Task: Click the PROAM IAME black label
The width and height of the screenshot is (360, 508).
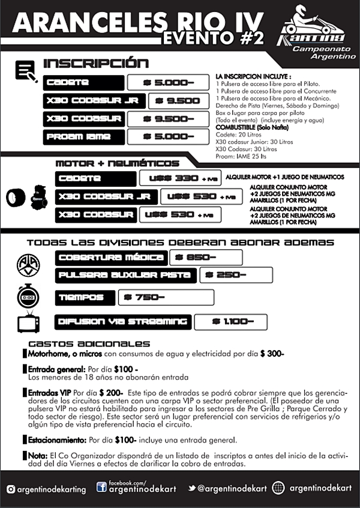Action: coord(83,136)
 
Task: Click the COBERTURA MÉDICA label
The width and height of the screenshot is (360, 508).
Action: coord(111,258)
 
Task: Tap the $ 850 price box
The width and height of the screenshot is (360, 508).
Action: coord(205,258)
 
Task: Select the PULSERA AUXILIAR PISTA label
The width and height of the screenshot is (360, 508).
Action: coord(126,275)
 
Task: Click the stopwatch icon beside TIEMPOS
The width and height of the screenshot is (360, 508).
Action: coord(28,297)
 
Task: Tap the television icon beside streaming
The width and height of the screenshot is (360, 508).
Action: coord(28,322)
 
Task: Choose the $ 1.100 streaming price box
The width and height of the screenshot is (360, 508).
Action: coord(232,322)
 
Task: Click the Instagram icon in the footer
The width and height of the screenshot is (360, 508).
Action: coord(11,489)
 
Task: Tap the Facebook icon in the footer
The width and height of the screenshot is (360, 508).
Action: coord(101,487)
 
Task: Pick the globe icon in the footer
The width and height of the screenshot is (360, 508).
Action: coord(278,488)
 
